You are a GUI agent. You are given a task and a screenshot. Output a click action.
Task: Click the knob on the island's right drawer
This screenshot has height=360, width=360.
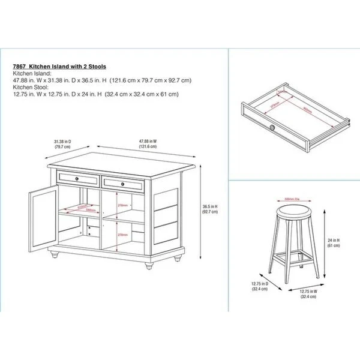122,183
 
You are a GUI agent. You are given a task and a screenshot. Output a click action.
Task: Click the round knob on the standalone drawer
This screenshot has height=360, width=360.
272,127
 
